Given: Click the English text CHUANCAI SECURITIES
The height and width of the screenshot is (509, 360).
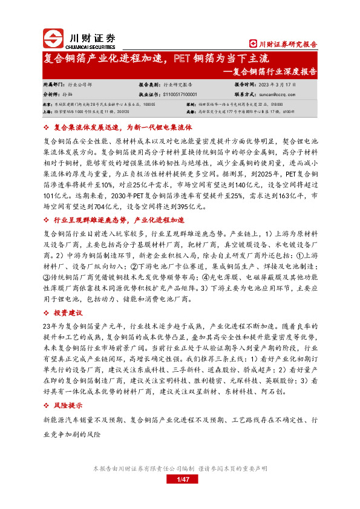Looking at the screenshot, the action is [91, 45].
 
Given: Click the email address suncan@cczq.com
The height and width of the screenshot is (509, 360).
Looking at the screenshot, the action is [278, 94].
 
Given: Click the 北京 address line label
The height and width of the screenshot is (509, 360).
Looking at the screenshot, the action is [47, 104].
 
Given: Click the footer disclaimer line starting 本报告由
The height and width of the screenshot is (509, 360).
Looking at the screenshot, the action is [180, 468].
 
